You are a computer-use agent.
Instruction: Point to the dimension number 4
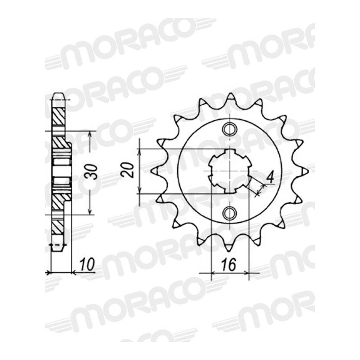pos(270,179)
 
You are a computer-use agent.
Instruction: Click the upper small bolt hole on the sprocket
pos(230,128)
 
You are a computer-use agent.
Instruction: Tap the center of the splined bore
pos(230,171)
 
